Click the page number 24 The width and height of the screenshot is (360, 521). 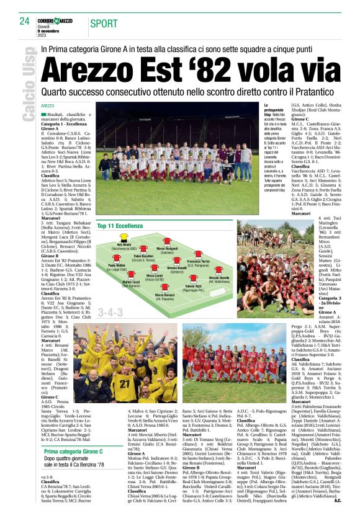click(24, 20)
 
